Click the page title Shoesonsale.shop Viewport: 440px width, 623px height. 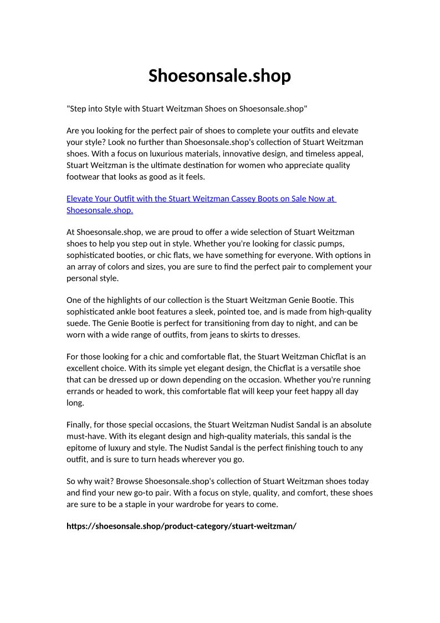219,75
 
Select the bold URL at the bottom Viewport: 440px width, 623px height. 182,526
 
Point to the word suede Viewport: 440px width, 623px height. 78,323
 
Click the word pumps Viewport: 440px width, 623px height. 355,244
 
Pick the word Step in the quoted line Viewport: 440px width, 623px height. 79,108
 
